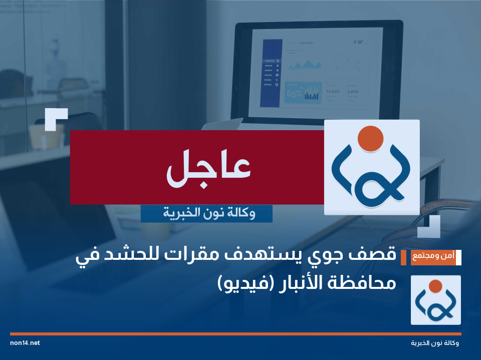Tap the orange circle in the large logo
(371, 138)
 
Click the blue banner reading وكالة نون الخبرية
(206, 214)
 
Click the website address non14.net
(25, 343)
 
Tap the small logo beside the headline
(435, 300)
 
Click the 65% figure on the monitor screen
(294, 93)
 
